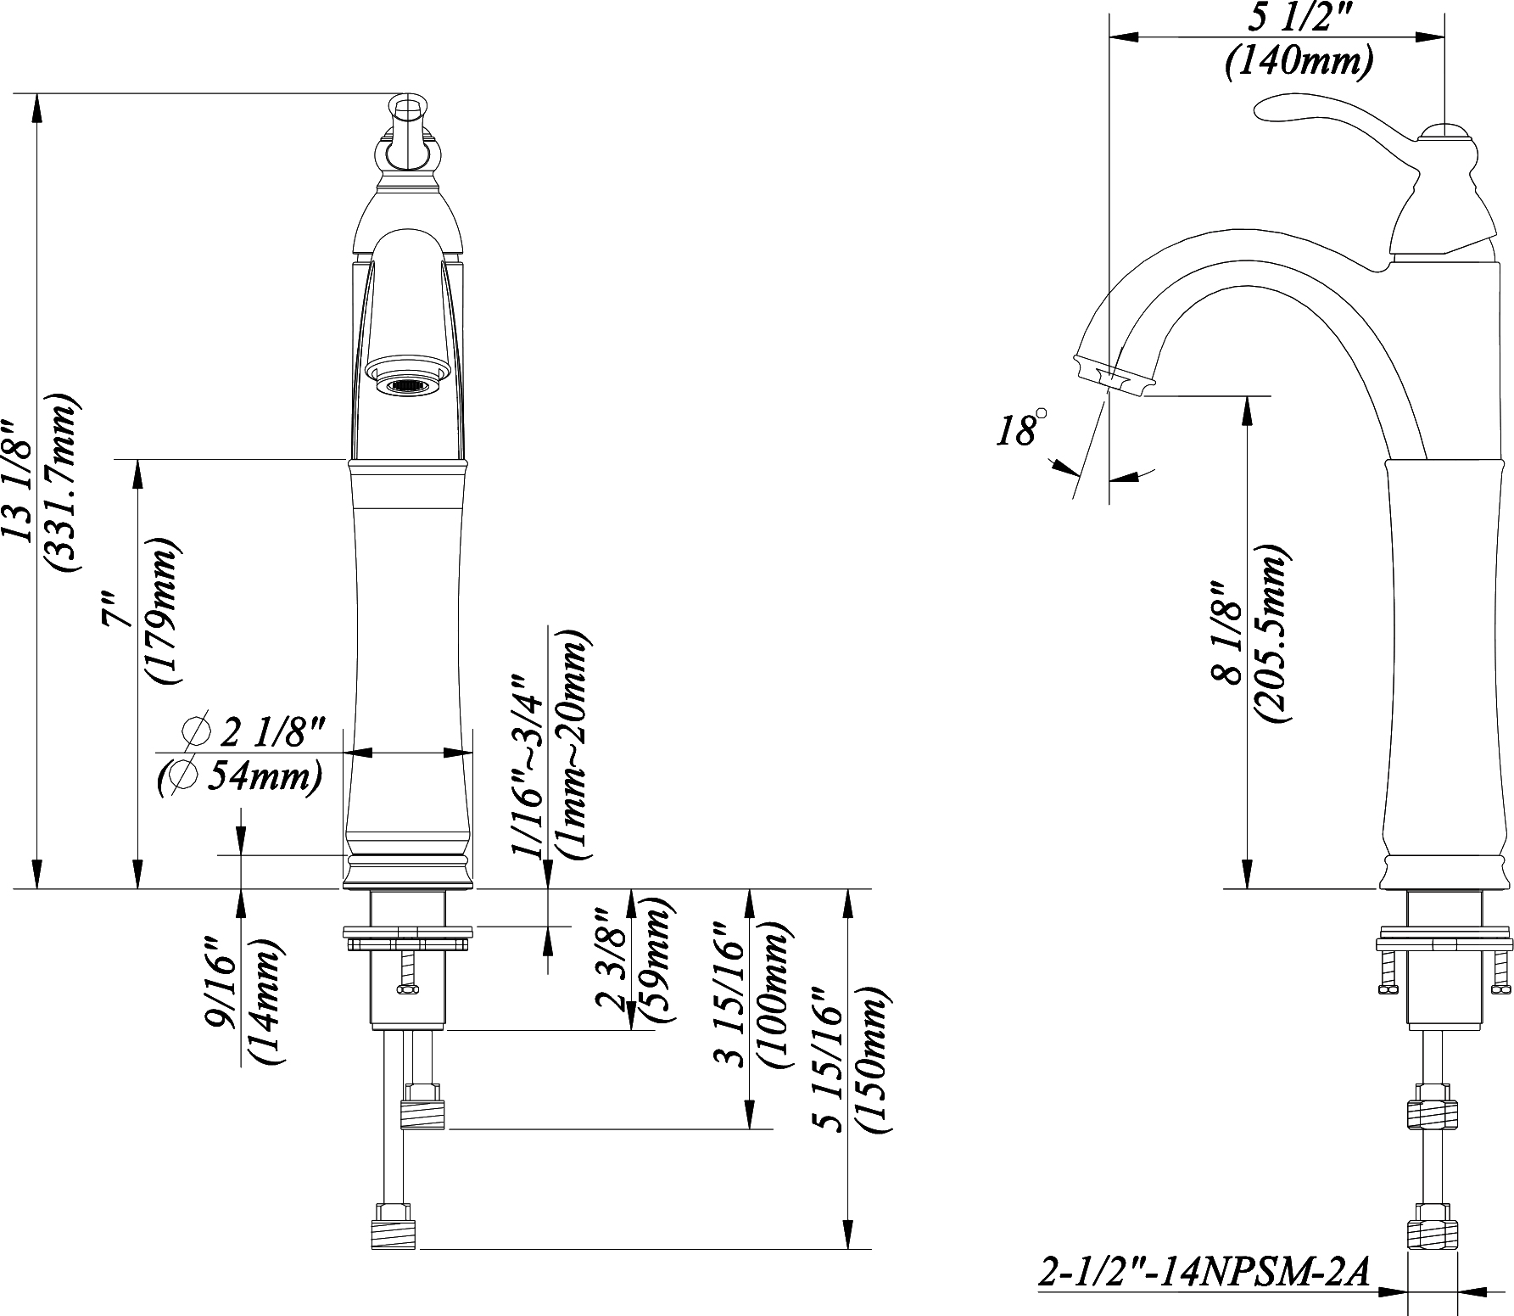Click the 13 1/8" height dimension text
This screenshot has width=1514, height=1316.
pos(19,478)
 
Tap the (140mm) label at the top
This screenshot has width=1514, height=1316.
pos(1299,62)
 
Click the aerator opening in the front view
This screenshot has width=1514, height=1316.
pos(408,386)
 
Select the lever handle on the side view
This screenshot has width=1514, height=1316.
pos(1323,120)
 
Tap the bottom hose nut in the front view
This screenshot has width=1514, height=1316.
pos(394,1229)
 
